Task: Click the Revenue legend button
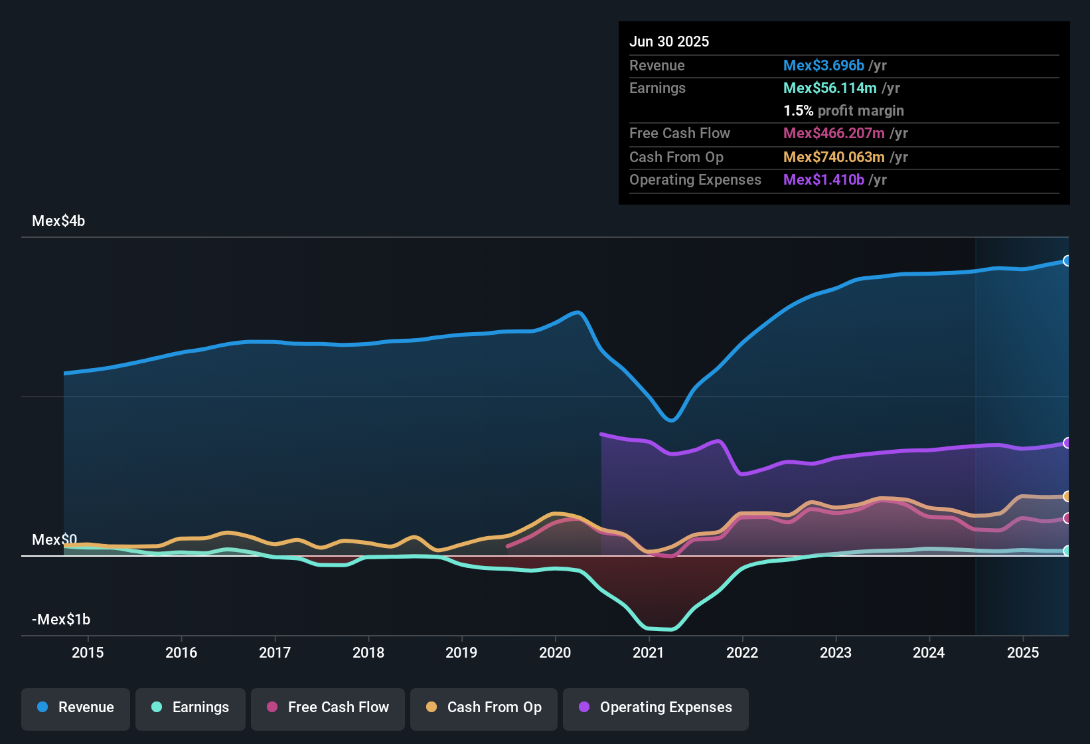pyautogui.click(x=76, y=707)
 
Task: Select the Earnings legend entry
pyautogui.click(x=190, y=707)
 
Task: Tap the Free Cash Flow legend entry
pyautogui.click(x=328, y=707)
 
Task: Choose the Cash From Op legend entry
pyautogui.click(x=484, y=707)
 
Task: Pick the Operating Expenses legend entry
pyautogui.click(x=655, y=707)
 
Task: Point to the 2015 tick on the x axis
pyautogui.click(x=88, y=652)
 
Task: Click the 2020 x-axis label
pyautogui.click(x=555, y=652)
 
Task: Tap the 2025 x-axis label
pyautogui.click(x=1023, y=652)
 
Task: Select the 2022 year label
pyautogui.click(x=742, y=652)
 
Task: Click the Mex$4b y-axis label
pyautogui.click(x=58, y=221)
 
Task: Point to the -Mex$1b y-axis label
pyautogui.click(x=61, y=620)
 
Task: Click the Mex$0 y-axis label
pyautogui.click(x=54, y=539)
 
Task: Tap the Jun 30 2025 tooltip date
pyautogui.click(x=669, y=42)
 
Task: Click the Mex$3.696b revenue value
pyautogui.click(x=824, y=66)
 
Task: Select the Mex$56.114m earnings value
pyautogui.click(x=830, y=88)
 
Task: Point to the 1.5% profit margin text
pyautogui.click(x=844, y=111)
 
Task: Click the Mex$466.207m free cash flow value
pyautogui.click(x=834, y=134)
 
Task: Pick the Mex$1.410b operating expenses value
pyautogui.click(x=824, y=180)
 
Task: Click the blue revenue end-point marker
pyautogui.click(x=1067, y=261)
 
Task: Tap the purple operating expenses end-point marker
pyautogui.click(x=1067, y=443)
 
